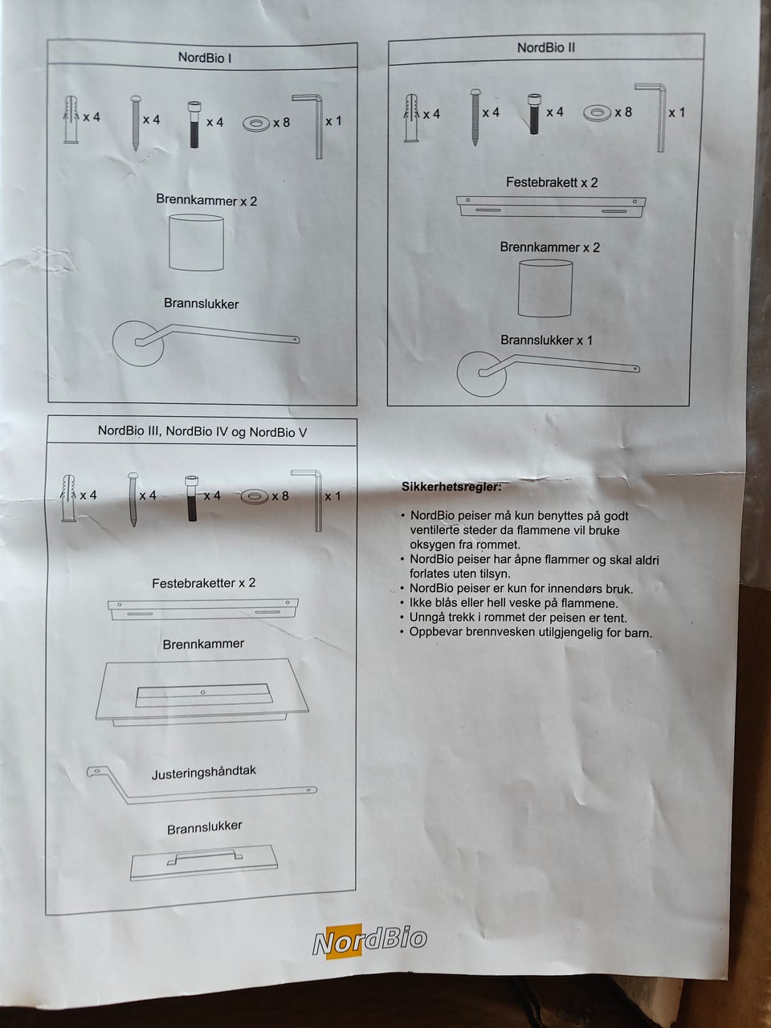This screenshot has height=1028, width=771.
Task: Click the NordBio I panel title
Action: [x=205, y=58]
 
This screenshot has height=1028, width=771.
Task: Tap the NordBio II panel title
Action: [x=545, y=47]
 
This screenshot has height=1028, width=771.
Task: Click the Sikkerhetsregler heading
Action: [x=451, y=487]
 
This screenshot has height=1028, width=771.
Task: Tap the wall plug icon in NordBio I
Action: [x=71, y=119]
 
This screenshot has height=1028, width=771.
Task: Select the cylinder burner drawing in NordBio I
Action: [x=196, y=243]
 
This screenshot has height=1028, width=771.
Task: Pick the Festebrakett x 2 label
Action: [x=552, y=182]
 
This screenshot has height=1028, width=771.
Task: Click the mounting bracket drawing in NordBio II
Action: [x=551, y=206]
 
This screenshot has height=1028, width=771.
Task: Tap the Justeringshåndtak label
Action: [x=204, y=773]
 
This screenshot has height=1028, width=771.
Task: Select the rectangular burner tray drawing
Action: [x=201, y=691]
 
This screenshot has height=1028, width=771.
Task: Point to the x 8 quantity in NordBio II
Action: [x=623, y=112]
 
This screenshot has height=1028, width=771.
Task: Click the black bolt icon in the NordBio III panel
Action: [x=191, y=498]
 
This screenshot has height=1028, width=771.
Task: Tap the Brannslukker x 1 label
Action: [x=546, y=341]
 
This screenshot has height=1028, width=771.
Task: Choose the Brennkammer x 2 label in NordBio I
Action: [x=206, y=201]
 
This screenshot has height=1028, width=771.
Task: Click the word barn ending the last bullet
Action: [x=638, y=633]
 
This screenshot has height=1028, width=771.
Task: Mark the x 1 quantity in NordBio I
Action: [x=333, y=121]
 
